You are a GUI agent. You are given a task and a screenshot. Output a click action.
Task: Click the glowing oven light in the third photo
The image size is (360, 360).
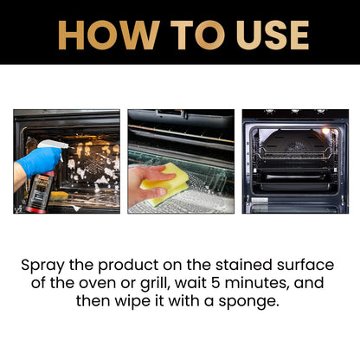tap(325, 131)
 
